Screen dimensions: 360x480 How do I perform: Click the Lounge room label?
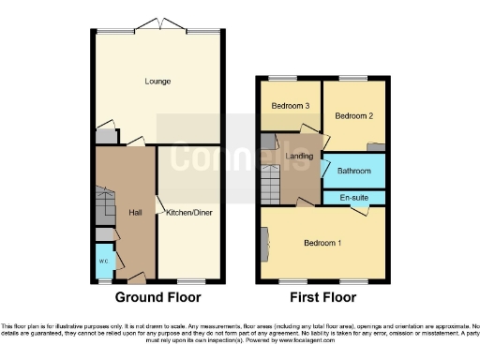pos(157,82)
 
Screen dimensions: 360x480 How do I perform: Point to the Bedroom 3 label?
pos(291,106)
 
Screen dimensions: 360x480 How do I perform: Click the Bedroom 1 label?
pos(322,243)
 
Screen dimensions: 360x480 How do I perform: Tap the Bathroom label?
pos(353,172)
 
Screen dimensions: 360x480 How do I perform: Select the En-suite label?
pos(353,198)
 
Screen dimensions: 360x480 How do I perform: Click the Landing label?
pos(300,156)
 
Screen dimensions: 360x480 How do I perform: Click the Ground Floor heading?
pos(157,298)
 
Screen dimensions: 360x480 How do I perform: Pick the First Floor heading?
pos(322,298)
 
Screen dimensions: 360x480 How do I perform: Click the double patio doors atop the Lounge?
pos(157,24)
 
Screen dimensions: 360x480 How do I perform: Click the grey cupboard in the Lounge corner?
pos(107,135)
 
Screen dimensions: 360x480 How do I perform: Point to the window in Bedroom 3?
pos(284,78)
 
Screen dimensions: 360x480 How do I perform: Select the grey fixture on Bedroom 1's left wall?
pos(265,246)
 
